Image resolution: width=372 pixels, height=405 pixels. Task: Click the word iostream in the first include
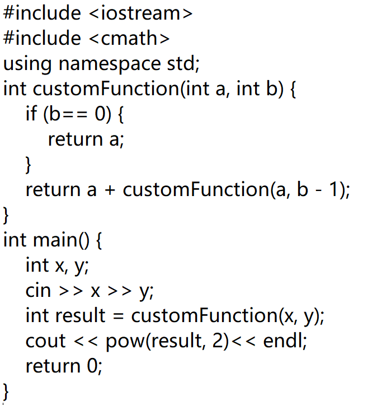click(x=140, y=13)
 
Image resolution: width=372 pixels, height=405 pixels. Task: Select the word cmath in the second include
click(x=129, y=38)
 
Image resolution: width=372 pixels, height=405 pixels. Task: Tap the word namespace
click(x=110, y=64)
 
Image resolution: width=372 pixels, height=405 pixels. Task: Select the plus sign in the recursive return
click(x=110, y=190)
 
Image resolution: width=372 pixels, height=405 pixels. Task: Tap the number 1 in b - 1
click(x=334, y=189)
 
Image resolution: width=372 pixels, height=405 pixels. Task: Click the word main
click(x=55, y=240)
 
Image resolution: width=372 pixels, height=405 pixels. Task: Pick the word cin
click(x=38, y=291)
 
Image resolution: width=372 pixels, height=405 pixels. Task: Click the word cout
click(x=46, y=341)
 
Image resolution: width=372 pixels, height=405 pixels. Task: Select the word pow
click(x=125, y=342)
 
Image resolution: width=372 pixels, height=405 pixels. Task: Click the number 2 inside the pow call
click(x=218, y=341)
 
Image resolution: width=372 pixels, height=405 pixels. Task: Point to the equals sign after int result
click(x=119, y=316)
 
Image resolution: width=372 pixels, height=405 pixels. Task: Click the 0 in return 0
click(x=92, y=366)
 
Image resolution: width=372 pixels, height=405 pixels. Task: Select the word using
click(x=27, y=64)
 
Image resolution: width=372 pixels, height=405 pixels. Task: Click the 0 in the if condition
click(x=100, y=113)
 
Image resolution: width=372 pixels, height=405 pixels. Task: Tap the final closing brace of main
click(x=6, y=392)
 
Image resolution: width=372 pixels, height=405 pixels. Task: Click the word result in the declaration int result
click(x=80, y=315)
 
